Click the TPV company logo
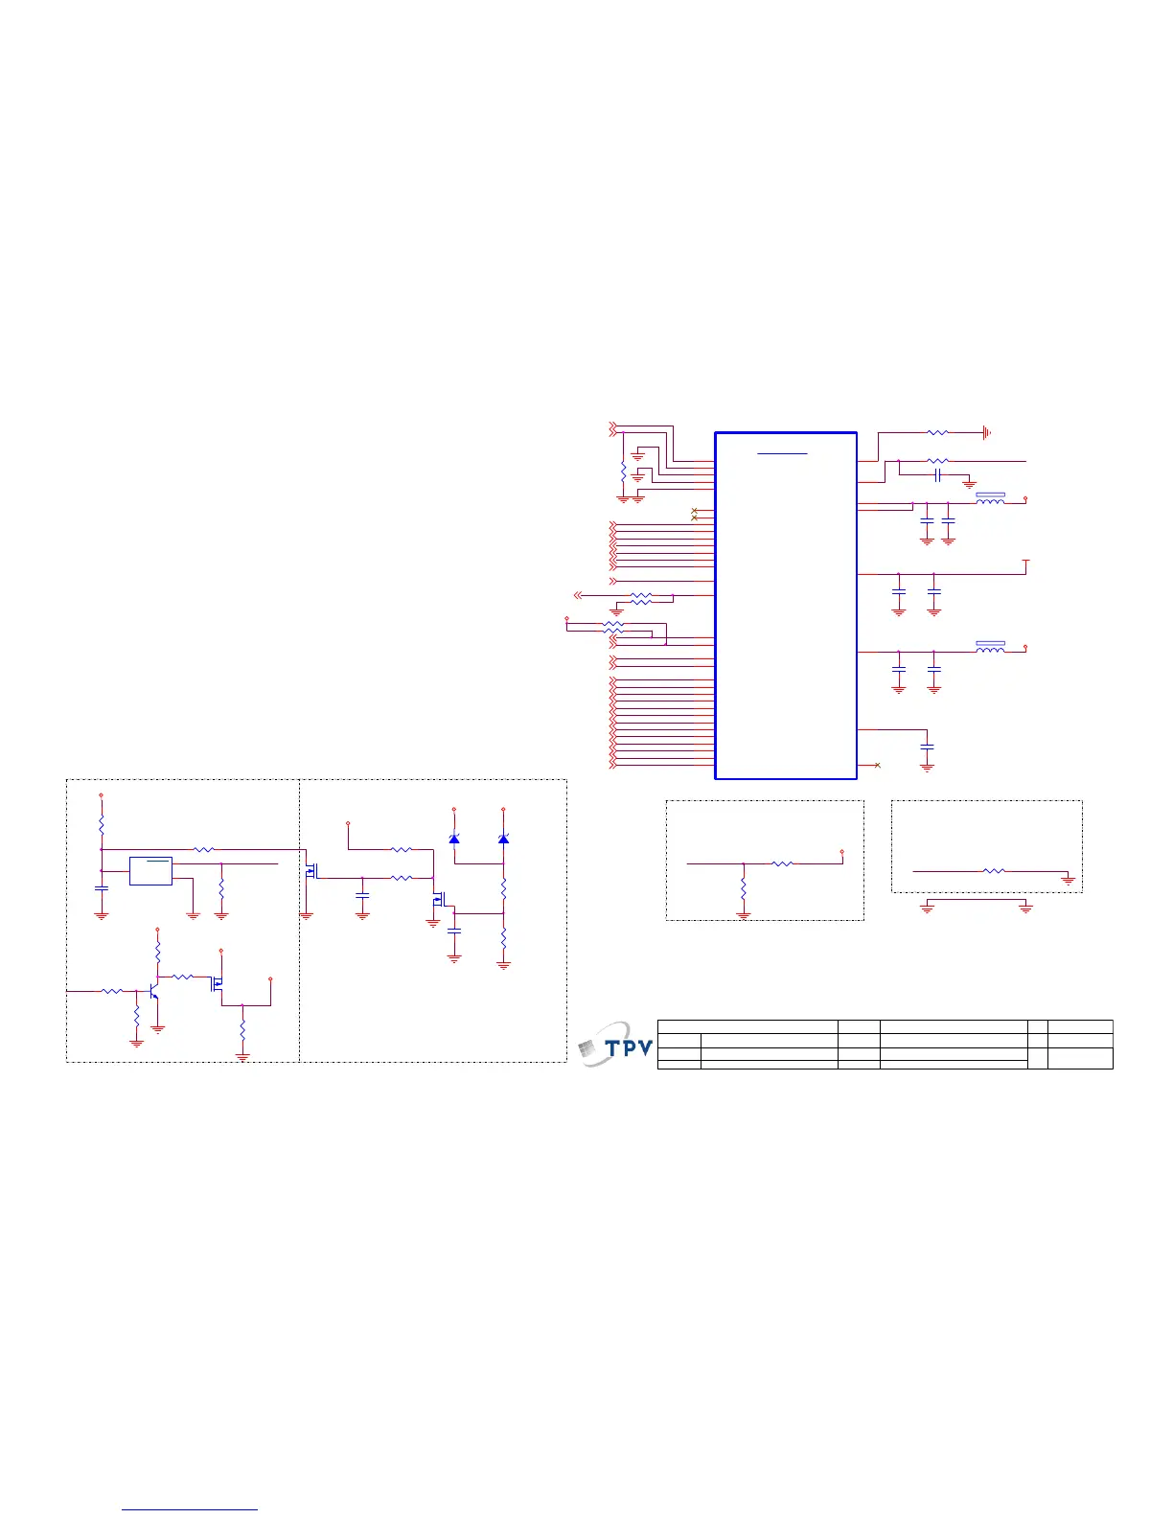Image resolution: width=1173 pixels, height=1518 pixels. tap(616, 1045)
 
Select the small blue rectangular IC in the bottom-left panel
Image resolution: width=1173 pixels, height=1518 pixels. tap(150, 871)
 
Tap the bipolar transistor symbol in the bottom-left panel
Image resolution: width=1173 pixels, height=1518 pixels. tap(154, 990)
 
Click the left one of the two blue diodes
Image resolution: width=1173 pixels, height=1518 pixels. tap(454, 839)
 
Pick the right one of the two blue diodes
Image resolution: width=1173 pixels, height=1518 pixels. tap(503, 839)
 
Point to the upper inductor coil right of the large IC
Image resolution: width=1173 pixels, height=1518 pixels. tap(990, 499)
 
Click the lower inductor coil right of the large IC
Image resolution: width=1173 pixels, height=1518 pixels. tap(990, 648)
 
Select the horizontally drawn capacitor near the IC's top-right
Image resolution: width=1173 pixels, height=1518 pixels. tap(938, 473)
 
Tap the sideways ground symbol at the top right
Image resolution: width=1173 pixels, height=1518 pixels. tap(986, 433)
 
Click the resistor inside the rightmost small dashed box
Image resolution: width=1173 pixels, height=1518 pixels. tap(995, 871)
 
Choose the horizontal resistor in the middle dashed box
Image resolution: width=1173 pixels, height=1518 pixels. tap(782, 863)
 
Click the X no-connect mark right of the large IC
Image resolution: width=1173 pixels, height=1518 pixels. tap(878, 765)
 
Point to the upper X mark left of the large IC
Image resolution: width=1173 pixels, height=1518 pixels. tap(694, 510)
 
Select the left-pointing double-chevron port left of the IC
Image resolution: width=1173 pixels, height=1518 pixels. tap(576, 595)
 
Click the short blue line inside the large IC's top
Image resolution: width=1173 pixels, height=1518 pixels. tap(782, 452)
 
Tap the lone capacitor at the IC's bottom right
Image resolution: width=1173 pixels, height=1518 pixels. tap(927, 746)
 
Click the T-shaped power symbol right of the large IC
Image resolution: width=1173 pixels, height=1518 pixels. tap(1026, 562)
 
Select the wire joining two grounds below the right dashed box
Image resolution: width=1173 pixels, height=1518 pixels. tap(976, 900)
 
